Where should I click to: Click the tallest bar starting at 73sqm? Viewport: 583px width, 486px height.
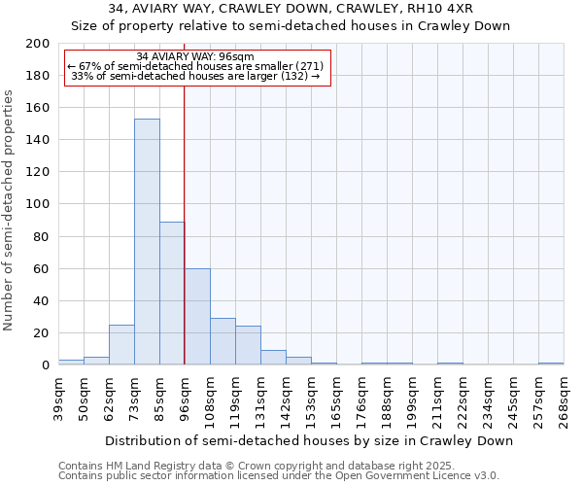(147, 242)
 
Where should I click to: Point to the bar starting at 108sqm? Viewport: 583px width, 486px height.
(223, 341)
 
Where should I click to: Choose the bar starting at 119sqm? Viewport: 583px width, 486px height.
(248, 345)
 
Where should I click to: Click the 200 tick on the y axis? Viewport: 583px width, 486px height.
(39, 44)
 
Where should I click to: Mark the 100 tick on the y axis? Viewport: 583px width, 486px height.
(39, 204)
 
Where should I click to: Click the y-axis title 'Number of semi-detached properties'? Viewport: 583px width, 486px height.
(10, 210)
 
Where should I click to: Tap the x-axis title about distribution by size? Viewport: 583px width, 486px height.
(308, 440)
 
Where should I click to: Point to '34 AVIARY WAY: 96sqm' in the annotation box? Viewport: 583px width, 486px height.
(195, 56)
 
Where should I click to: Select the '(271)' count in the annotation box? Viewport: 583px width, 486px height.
(304, 66)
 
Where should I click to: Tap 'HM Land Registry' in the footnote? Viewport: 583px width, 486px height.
(144, 467)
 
